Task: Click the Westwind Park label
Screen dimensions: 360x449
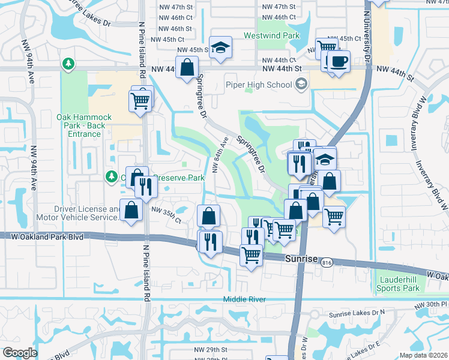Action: pos(271,36)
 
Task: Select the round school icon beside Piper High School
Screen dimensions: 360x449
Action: pos(301,85)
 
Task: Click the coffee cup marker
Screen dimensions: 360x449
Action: pos(339,62)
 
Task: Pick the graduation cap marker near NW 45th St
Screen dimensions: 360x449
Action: pos(221,47)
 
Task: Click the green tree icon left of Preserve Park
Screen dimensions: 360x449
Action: pos(110,176)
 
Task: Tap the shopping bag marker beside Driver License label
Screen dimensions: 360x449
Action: pos(131,211)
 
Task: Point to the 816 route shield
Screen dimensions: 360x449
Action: pos(343,263)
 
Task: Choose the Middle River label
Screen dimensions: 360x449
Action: pos(244,299)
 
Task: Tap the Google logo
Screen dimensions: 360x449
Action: pos(20,353)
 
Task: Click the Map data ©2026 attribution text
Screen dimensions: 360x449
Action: pos(424,355)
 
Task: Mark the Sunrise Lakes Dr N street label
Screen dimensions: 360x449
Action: pos(356,314)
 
